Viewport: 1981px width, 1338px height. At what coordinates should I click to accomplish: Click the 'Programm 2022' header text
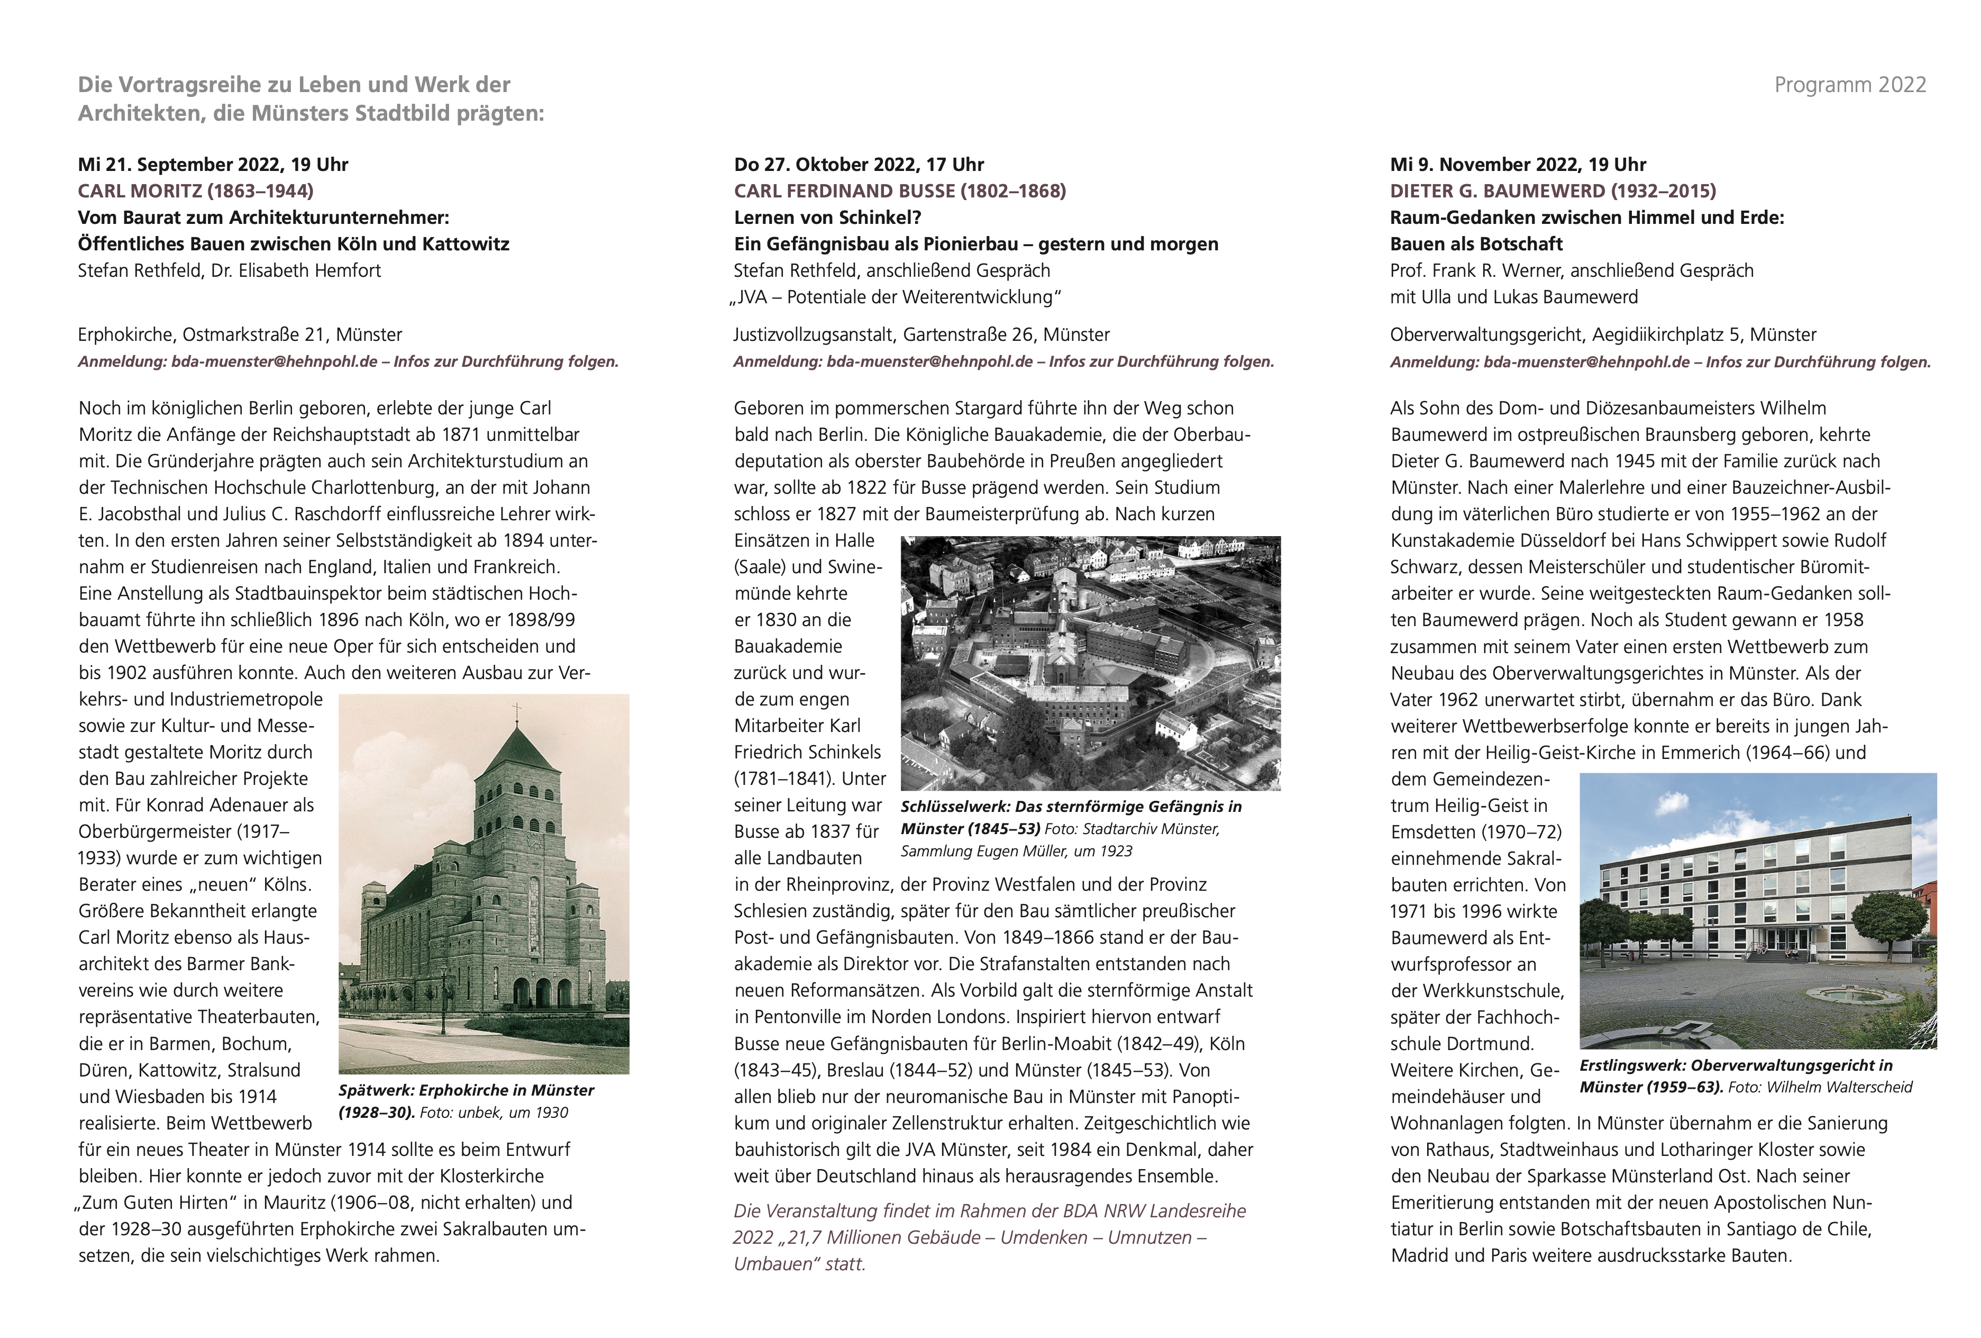1850,85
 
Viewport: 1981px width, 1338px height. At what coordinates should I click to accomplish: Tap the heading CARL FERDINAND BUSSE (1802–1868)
899,191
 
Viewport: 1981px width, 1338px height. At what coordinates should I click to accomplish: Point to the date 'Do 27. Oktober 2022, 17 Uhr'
859,165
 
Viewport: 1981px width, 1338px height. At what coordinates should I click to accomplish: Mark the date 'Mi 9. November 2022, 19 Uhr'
1517,165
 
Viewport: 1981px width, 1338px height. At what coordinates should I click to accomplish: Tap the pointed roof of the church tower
515,751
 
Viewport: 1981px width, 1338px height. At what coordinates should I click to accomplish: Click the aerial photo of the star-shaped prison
1090,663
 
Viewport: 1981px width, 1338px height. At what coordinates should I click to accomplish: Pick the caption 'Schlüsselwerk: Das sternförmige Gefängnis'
1071,807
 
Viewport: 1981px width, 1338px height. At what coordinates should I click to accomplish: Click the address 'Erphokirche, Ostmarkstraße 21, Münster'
240,335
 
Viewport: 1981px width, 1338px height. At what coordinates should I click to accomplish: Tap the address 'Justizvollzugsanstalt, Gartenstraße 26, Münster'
921,335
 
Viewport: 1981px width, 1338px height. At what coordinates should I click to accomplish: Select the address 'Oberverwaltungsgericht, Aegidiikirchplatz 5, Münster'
1603,335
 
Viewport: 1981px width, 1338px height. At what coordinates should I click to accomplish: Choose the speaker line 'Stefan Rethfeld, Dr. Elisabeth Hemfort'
229,271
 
